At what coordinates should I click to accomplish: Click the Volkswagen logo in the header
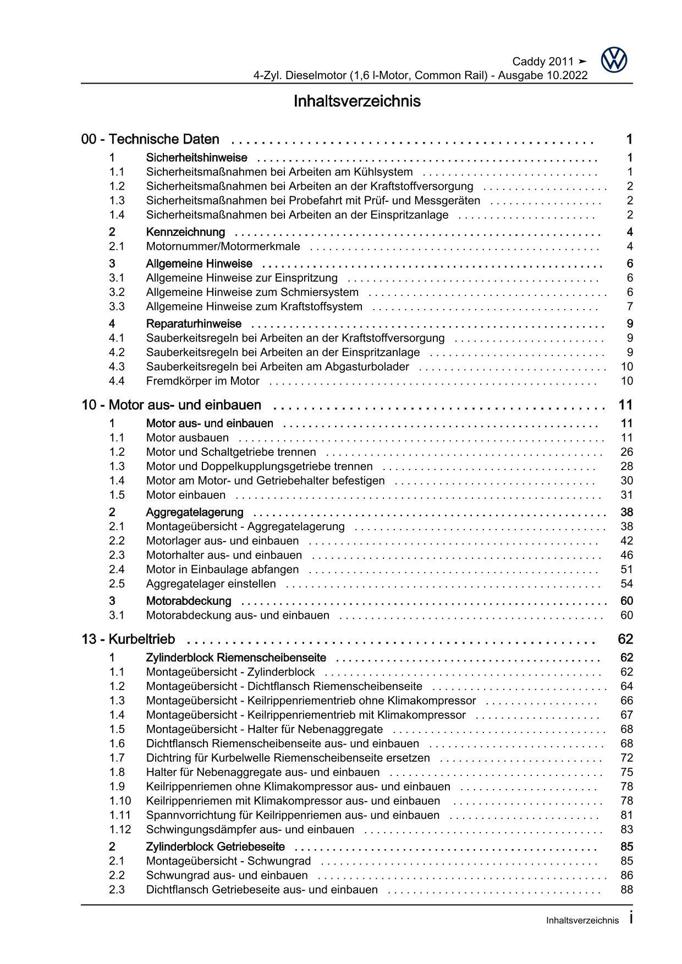pyautogui.click(x=614, y=60)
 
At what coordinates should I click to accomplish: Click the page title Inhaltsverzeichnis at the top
pyautogui.click(x=357, y=102)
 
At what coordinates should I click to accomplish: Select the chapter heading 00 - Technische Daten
pyautogui.click(x=150, y=140)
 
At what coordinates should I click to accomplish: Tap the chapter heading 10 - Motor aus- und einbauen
pyautogui.click(x=171, y=405)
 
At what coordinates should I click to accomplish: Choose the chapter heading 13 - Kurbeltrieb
pyautogui.click(x=128, y=640)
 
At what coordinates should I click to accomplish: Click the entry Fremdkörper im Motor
pyautogui.click(x=202, y=381)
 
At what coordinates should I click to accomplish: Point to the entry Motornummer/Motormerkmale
pyautogui.click(x=223, y=246)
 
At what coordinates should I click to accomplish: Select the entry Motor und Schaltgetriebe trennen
pyautogui.click(x=231, y=452)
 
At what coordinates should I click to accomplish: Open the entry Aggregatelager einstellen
pyautogui.click(x=211, y=584)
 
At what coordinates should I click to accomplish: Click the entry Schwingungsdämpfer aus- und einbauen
pyautogui.click(x=250, y=830)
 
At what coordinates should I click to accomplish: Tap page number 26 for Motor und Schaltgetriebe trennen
pyautogui.click(x=626, y=452)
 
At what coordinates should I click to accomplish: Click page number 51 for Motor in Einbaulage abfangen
pyautogui.click(x=626, y=570)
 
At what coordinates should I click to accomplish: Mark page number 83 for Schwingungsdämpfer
pyautogui.click(x=626, y=830)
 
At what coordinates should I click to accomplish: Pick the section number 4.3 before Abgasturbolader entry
pyautogui.click(x=117, y=367)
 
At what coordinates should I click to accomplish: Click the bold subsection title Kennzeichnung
pyautogui.click(x=185, y=232)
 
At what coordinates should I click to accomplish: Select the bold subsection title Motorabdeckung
pyautogui.click(x=189, y=601)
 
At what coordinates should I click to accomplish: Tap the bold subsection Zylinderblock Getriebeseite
pyautogui.click(x=215, y=847)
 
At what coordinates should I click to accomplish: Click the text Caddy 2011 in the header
pyautogui.click(x=542, y=62)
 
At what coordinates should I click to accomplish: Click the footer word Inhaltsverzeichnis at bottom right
pyautogui.click(x=582, y=921)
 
